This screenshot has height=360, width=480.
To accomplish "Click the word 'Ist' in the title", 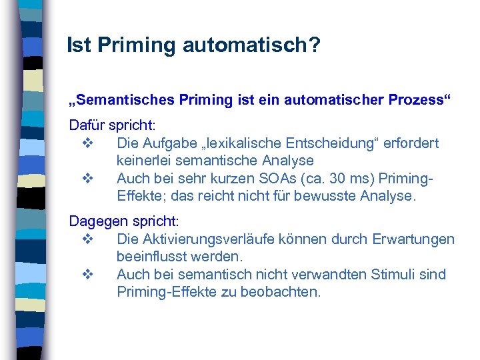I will pos(78,45).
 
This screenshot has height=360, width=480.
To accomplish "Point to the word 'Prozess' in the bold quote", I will pos(416,101).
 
